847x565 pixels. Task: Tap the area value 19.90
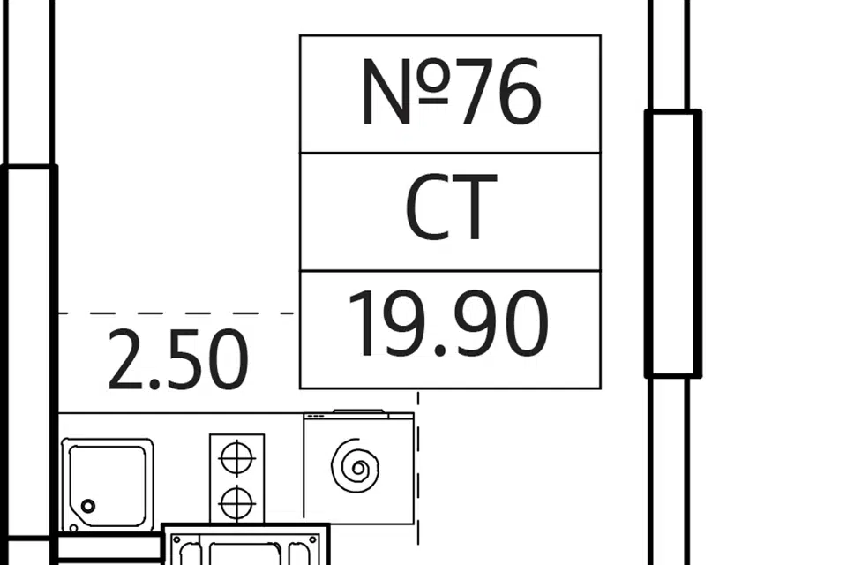coord(449,324)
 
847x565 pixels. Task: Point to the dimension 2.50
coord(177,360)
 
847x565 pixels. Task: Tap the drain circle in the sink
coord(87,506)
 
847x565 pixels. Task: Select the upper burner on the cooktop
coord(236,459)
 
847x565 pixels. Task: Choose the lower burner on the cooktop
coord(236,503)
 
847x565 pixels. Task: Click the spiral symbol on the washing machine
coord(356,465)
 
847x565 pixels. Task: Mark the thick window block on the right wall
coord(672,244)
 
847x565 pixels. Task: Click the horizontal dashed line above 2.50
coord(176,313)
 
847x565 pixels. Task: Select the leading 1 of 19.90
coord(364,324)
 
